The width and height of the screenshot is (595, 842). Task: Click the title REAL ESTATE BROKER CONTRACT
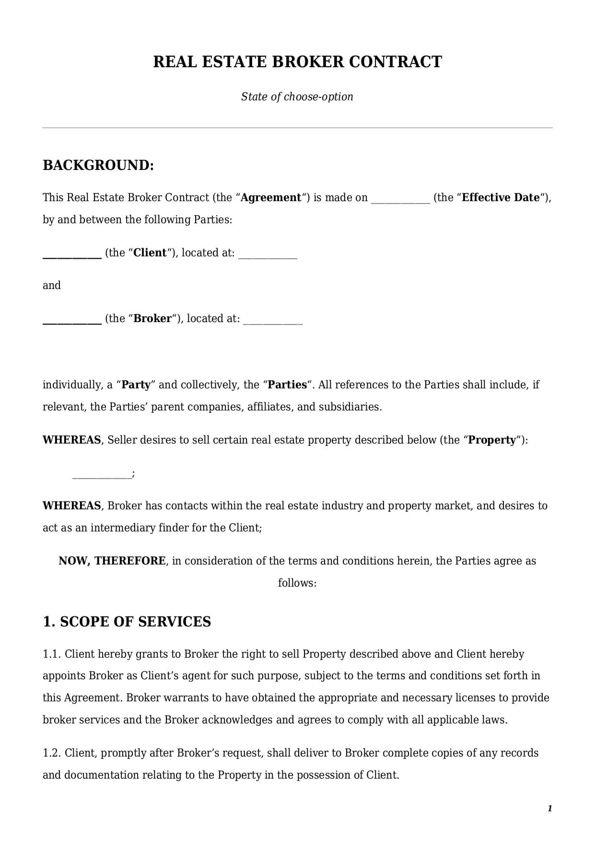(x=297, y=62)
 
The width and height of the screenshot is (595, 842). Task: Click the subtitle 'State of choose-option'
(x=297, y=96)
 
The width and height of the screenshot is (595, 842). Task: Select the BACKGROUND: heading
(x=98, y=165)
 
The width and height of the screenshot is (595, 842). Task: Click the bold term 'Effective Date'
(x=500, y=198)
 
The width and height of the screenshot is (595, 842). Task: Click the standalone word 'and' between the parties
(x=52, y=286)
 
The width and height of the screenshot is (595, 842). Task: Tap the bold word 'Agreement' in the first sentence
(x=271, y=198)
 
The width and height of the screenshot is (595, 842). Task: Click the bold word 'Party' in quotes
(x=136, y=385)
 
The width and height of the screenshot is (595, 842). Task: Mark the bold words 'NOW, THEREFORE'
(x=112, y=561)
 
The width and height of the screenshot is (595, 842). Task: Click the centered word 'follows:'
(x=297, y=583)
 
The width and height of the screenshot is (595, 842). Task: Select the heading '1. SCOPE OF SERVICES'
(x=127, y=622)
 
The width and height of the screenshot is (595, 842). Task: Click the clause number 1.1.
(x=51, y=654)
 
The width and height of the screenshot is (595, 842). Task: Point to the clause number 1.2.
(x=51, y=753)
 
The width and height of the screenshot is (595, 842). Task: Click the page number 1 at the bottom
(x=549, y=809)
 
